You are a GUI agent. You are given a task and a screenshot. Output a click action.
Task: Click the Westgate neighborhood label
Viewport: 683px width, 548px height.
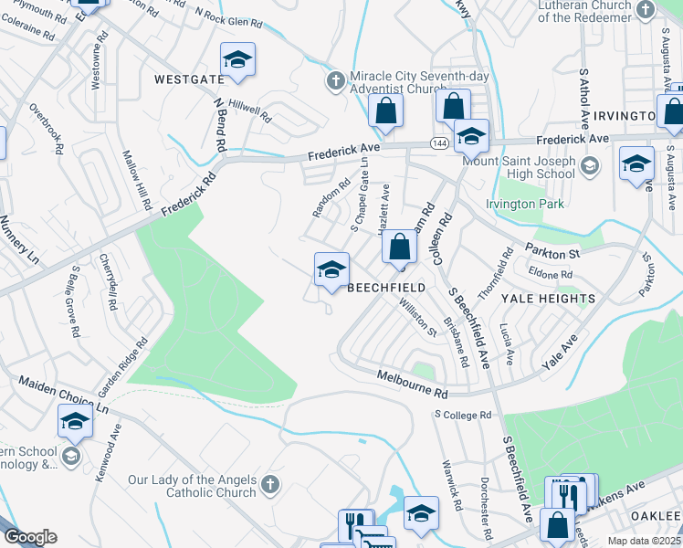pyautogui.click(x=189, y=79)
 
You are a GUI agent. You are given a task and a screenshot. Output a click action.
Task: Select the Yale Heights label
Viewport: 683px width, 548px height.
pyautogui.click(x=548, y=299)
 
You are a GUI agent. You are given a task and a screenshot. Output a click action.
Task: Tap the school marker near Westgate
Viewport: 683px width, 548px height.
pyautogui.click(x=238, y=61)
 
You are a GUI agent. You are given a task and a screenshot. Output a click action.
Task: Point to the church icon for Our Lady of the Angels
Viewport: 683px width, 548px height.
pyautogui.click(x=269, y=485)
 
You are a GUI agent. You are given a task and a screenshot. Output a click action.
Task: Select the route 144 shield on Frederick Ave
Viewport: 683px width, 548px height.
pyautogui.click(x=438, y=143)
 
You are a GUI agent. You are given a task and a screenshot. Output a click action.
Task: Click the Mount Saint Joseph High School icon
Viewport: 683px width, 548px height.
pyautogui.click(x=589, y=165)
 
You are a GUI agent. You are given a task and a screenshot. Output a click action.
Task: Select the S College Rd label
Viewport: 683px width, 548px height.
pyautogui.click(x=462, y=415)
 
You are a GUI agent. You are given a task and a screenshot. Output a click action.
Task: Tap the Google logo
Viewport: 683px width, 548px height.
pyautogui.click(x=29, y=537)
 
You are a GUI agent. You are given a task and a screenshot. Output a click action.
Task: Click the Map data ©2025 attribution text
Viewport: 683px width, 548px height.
pyautogui.click(x=644, y=541)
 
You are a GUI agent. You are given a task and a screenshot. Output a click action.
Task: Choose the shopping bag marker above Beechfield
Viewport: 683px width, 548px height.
pyautogui.click(x=399, y=247)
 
